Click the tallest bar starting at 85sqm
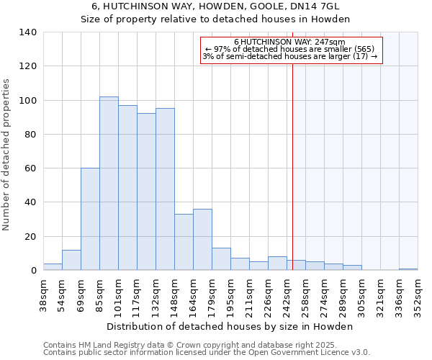[x=109, y=184]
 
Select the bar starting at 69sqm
[x=90, y=219]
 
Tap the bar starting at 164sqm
[x=202, y=240]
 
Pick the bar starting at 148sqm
[x=184, y=242]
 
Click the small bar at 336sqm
[x=408, y=269]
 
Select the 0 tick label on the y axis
[x=33, y=271]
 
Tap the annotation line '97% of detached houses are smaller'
[x=290, y=49]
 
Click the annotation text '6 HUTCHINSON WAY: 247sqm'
[x=290, y=42]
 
